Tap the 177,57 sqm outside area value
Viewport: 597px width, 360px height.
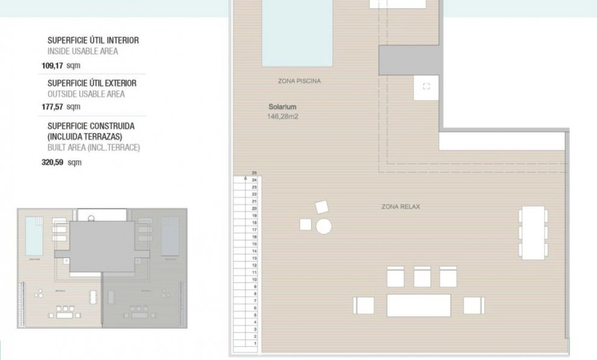click(x=61, y=107)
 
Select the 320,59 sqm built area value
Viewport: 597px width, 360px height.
click(x=62, y=162)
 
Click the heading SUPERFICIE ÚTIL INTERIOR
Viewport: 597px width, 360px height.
click(x=93, y=40)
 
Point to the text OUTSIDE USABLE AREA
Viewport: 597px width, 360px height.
click(x=86, y=94)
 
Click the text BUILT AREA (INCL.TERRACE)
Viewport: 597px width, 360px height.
click(x=93, y=148)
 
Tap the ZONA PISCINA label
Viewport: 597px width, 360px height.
click(x=299, y=81)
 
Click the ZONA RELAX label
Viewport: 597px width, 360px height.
click(x=400, y=207)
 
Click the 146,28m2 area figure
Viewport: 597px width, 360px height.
click(x=283, y=116)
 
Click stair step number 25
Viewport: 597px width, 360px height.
click(x=254, y=173)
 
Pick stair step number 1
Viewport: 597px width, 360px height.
click(x=255, y=344)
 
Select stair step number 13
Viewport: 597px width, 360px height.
click(x=255, y=258)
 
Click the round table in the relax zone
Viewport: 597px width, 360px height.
click(x=324, y=227)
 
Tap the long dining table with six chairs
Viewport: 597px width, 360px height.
click(x=533, y=234)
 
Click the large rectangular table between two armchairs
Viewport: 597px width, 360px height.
click(x=419, y=305)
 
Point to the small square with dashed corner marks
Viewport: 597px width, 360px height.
click(x=426, y=87)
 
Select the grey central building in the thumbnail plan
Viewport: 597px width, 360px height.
click(x=102, y=246)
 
